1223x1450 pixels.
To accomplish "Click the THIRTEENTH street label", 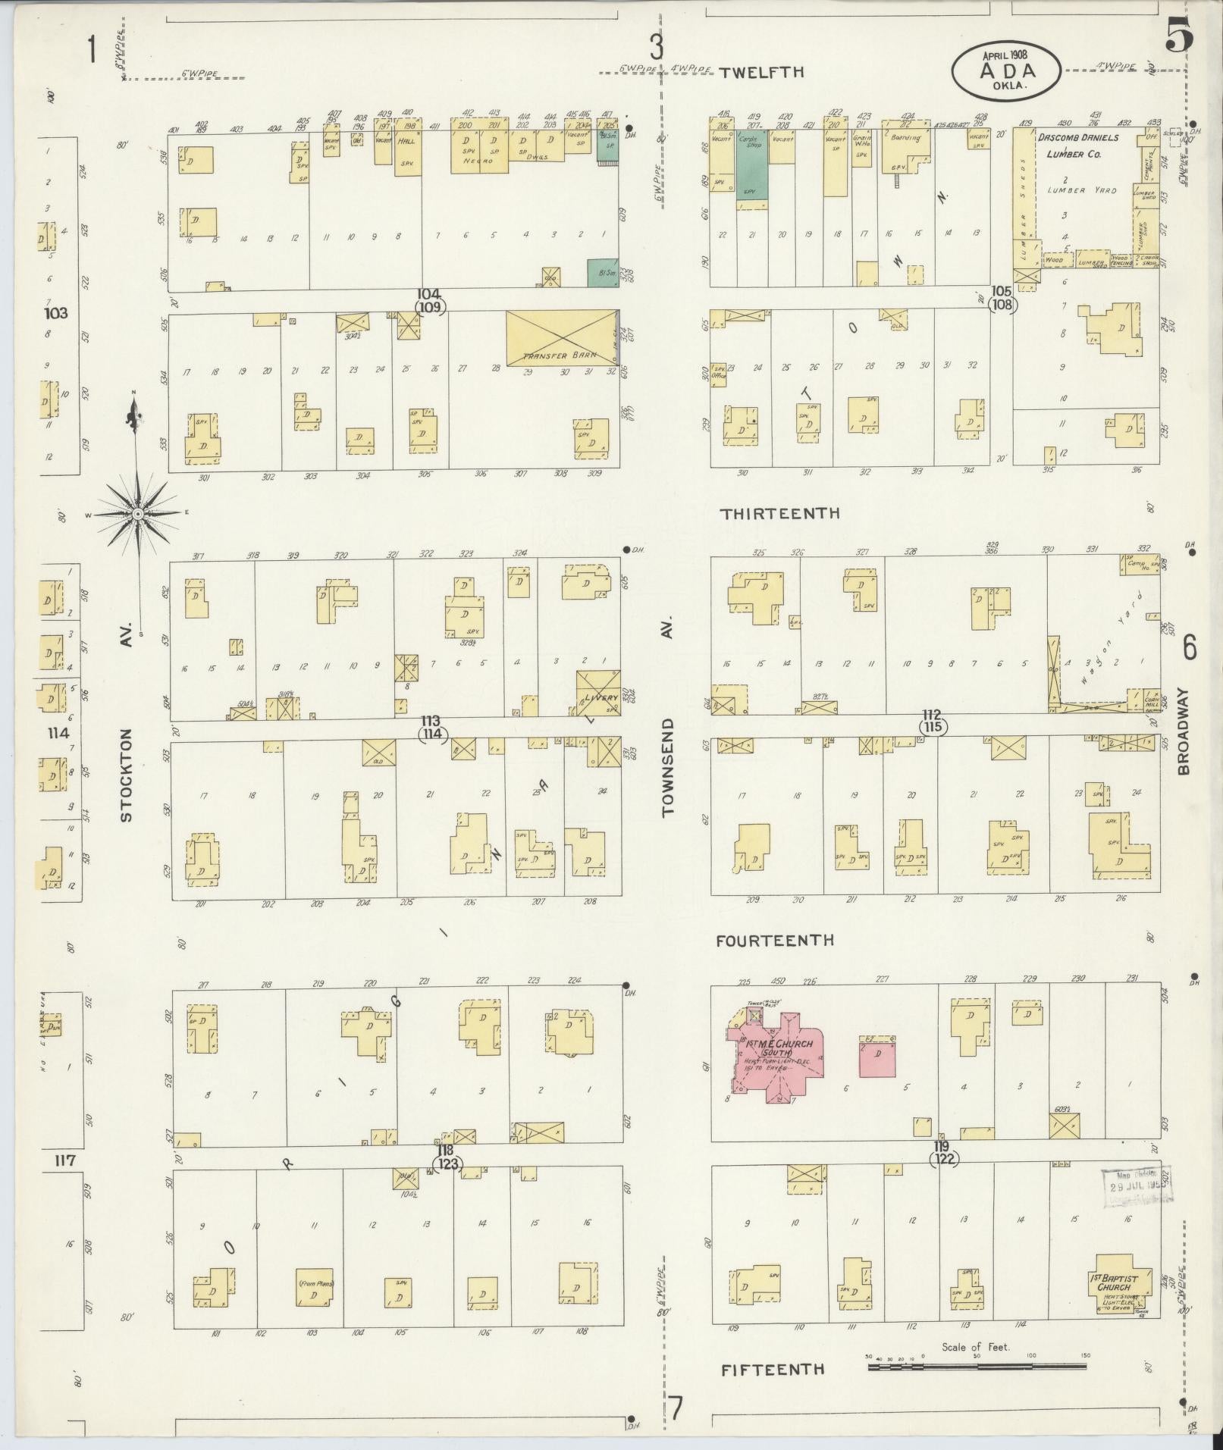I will pos(780,513).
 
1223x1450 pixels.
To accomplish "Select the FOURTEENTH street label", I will pos(775,940).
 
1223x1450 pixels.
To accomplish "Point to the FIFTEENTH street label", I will pos(772,1370).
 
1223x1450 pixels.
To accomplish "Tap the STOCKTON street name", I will pos(127,775).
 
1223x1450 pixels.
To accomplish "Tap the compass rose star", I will pos(137,514).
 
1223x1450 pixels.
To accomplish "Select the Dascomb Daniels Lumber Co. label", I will pos(1086,146).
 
